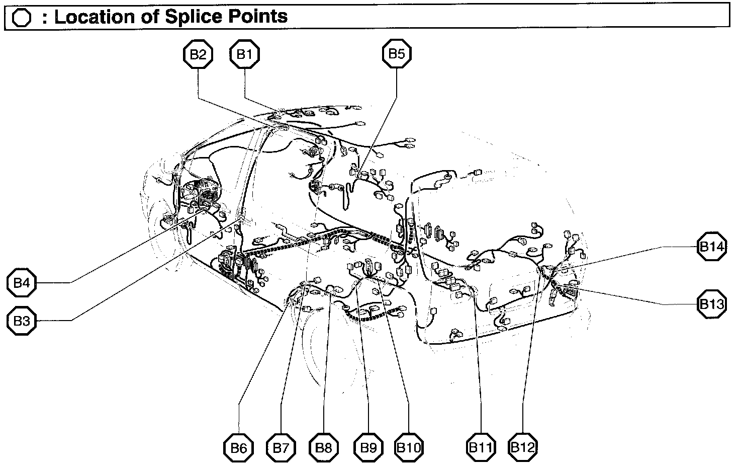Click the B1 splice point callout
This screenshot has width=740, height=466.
[x=244, y=54]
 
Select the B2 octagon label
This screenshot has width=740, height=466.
[x=198, y=54]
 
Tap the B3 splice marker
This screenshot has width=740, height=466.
[x=22, y=321]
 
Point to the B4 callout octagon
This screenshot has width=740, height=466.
[x=22, y=283]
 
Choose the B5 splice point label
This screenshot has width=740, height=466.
[x=397, y=53]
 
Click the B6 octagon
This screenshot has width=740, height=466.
[x=238, y=447]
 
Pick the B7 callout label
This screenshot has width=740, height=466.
[x=281, y=447]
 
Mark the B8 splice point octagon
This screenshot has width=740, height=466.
[x=324, y=447]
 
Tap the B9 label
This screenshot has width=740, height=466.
[x=368, y=447]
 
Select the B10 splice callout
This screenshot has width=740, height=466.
[x=409, y=447]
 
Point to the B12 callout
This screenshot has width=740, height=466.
[x=523, y=447]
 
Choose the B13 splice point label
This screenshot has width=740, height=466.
[x=712, y=304]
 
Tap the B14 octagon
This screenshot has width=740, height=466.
[x=712, y=247]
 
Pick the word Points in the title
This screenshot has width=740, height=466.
[x=257, y=17]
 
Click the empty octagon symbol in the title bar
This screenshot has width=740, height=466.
[x=22, y=19]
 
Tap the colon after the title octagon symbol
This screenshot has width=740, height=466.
[x=45, y=19]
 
